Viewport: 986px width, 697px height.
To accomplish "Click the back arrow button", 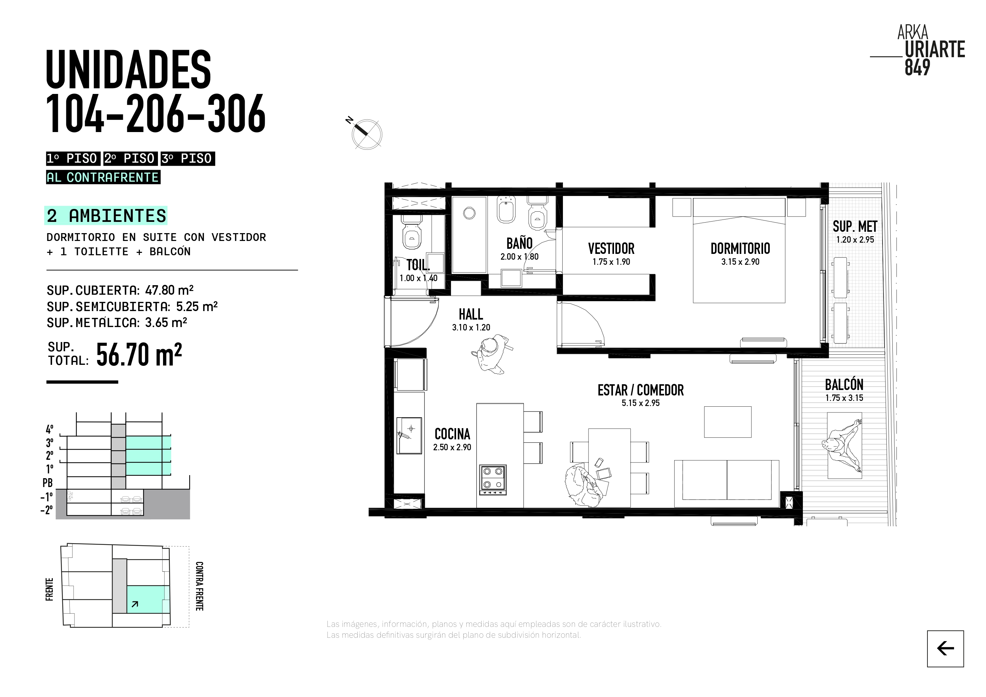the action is click(x=945, y=648).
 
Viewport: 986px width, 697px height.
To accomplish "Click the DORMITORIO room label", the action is click(x=740, y=249).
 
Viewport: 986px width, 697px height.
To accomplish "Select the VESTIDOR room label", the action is click(x=611, y=249).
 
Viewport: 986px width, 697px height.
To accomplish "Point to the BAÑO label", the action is click(x=519, y=243).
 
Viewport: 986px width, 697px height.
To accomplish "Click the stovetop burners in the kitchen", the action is click(x=493, y=479).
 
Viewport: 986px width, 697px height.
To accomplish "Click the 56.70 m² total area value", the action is click(x=139, y=354).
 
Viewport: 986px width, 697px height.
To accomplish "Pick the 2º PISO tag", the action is click(x=130, y=159).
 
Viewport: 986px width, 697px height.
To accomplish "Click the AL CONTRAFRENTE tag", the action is click(x=103, y=177).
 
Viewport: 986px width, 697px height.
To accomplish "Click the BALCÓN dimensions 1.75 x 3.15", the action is click(x=844, y=398).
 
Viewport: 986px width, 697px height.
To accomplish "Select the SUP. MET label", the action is click(x=855, y=226).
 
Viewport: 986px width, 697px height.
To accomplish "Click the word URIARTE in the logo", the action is click(x=935, y=49).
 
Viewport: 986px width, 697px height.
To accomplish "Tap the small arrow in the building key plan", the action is click(x=135, y=604).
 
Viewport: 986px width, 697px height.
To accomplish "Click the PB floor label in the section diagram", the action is click(x=48, y=483).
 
